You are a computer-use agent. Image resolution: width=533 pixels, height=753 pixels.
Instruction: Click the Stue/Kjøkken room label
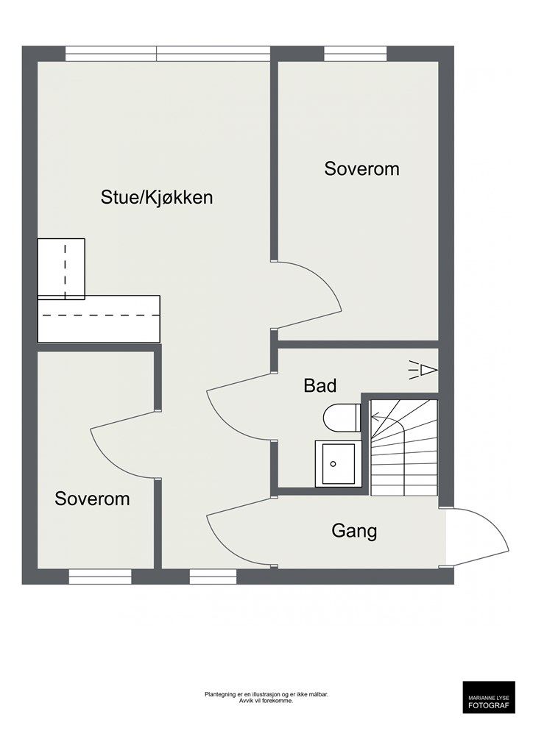(157, 197)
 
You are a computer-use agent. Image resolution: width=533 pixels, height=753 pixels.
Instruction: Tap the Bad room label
(320, 385)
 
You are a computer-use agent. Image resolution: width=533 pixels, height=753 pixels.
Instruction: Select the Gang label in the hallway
(354, 532)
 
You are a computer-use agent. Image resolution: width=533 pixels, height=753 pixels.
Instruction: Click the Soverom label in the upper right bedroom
(361, 169)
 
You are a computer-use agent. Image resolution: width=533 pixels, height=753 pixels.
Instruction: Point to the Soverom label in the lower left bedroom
(92, 499)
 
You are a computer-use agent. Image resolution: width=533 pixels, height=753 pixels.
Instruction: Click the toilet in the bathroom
(342, 418)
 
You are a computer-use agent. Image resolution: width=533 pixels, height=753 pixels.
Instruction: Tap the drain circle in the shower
(333, 464)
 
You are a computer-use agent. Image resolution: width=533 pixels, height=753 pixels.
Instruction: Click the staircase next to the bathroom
(404, 448)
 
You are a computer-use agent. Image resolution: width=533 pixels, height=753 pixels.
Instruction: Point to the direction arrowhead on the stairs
(375, 418)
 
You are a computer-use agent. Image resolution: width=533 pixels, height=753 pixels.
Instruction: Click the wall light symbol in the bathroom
(423, 371)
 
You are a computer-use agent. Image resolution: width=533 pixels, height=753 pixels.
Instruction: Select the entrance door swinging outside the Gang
(477, 537)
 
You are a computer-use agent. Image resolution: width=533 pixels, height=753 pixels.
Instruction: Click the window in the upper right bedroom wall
(355, 53)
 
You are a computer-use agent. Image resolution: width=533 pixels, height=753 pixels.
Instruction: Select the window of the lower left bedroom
(100, 577)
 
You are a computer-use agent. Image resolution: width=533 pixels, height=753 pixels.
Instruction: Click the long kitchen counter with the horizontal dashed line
(99, 319)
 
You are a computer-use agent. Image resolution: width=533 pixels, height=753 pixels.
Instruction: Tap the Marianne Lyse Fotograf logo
(489, 697)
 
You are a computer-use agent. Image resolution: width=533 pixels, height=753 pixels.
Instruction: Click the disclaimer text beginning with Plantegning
(266, 697)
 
